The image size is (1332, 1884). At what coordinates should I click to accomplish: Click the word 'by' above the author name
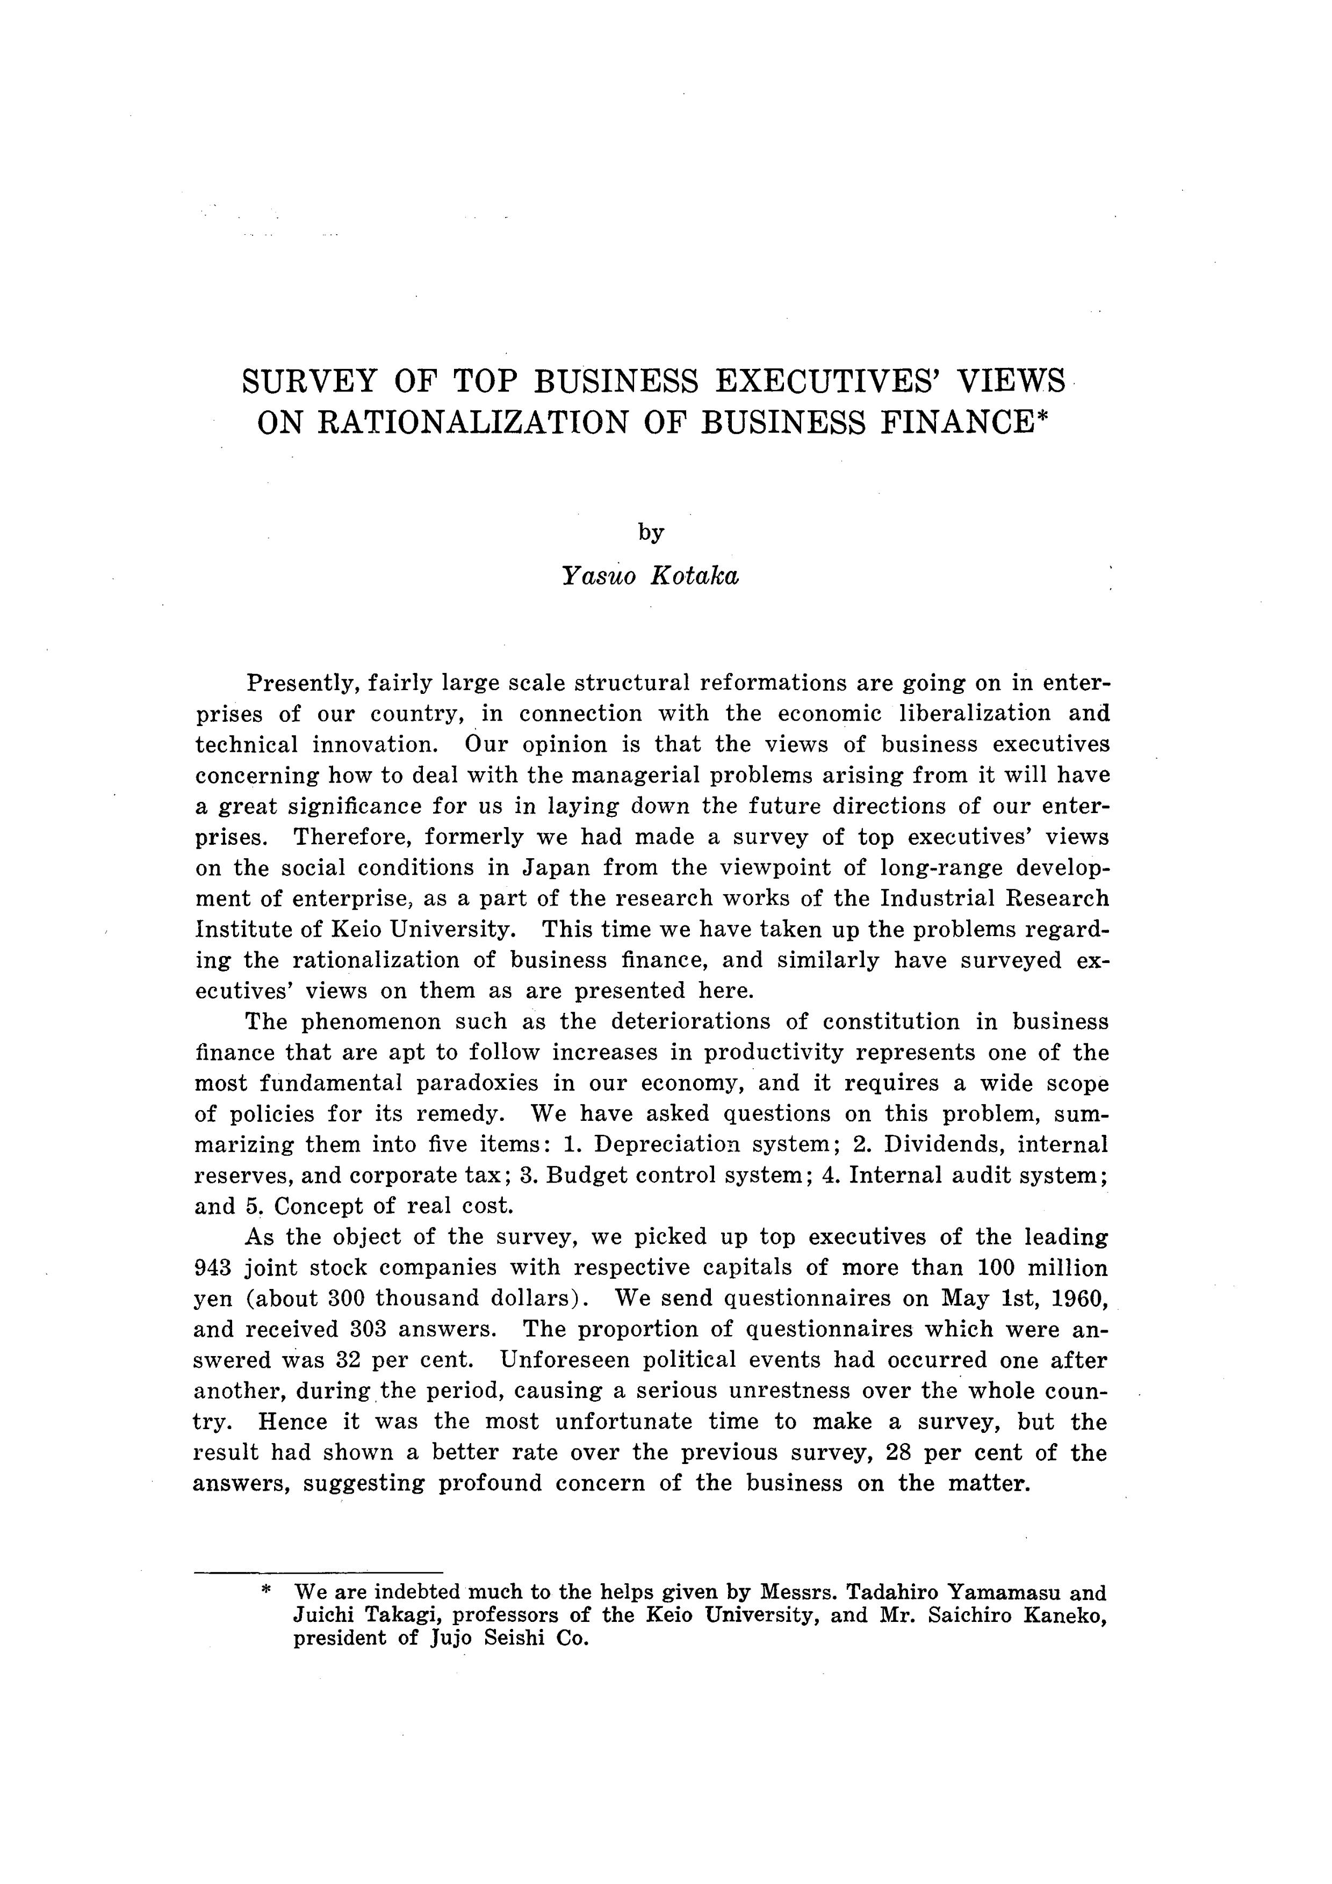(x=651, y=533)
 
